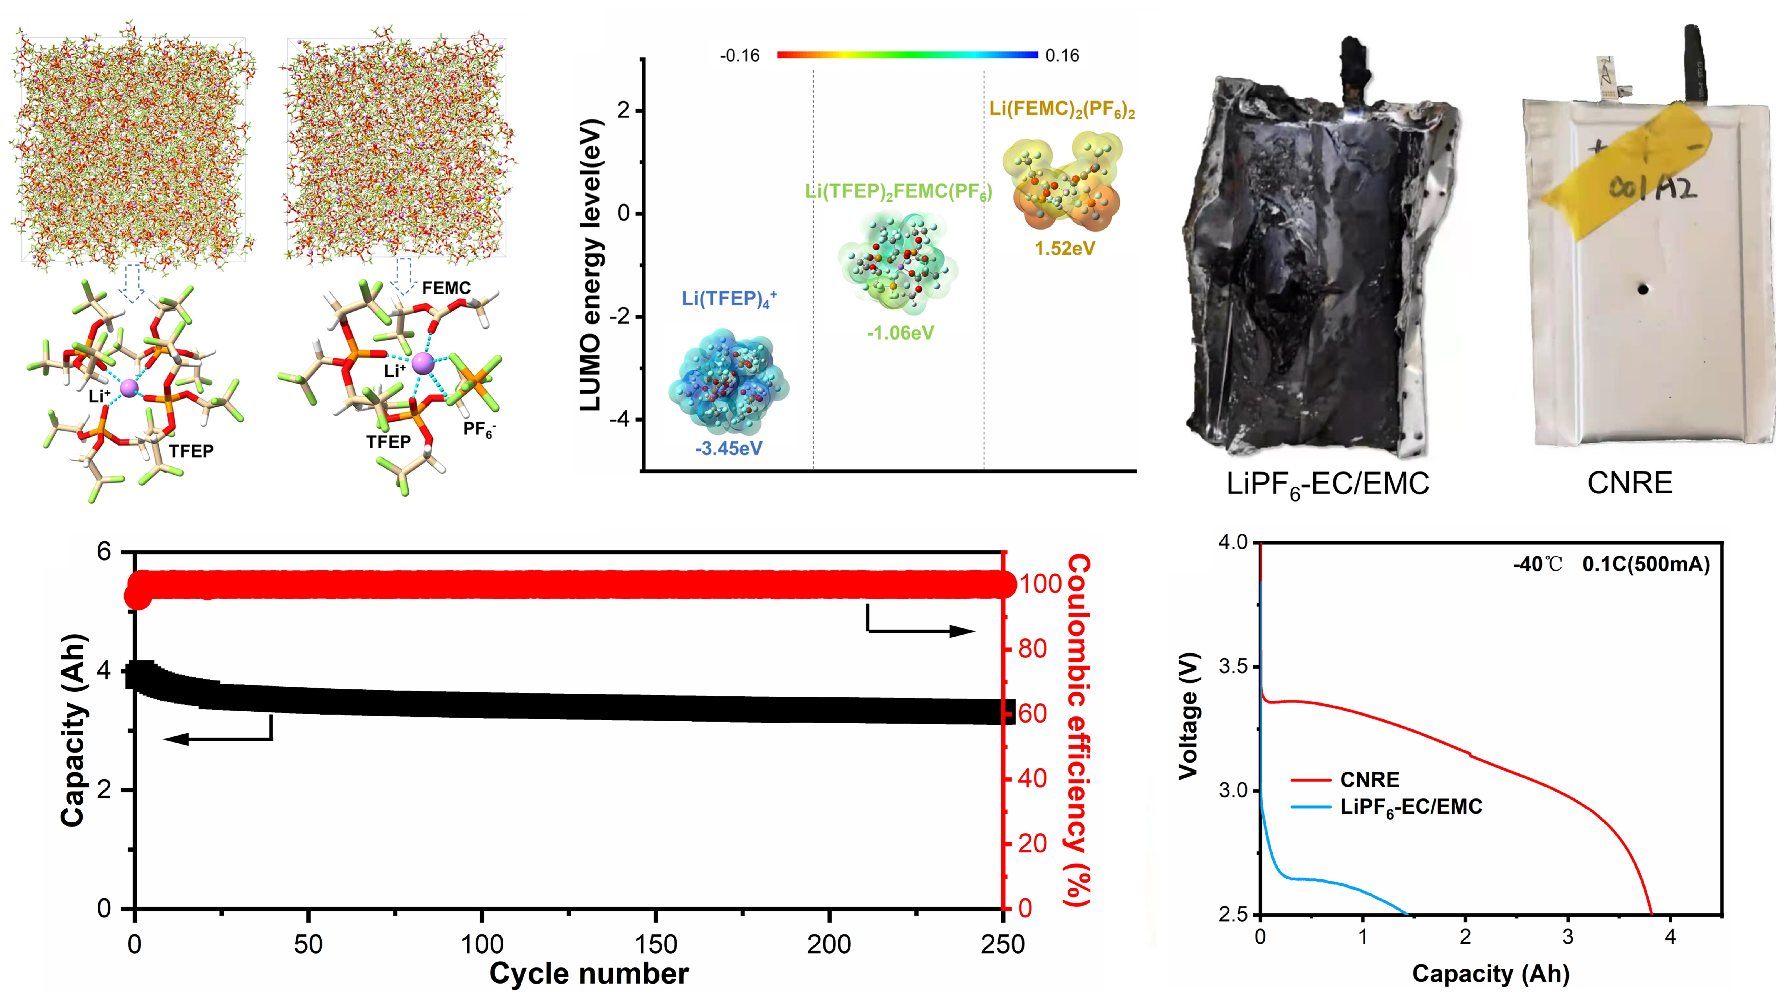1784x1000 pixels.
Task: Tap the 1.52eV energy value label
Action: coord(1065,248)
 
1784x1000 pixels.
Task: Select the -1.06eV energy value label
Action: coord(900,333)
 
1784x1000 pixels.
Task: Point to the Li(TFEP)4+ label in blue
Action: coord(729,299)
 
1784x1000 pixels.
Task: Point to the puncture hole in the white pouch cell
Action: coord(1643,289)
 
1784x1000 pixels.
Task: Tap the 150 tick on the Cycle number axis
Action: coord(655,944)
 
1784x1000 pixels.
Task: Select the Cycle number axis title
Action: coord(589,974)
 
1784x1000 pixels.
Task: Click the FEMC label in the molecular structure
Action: coord(446,288)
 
